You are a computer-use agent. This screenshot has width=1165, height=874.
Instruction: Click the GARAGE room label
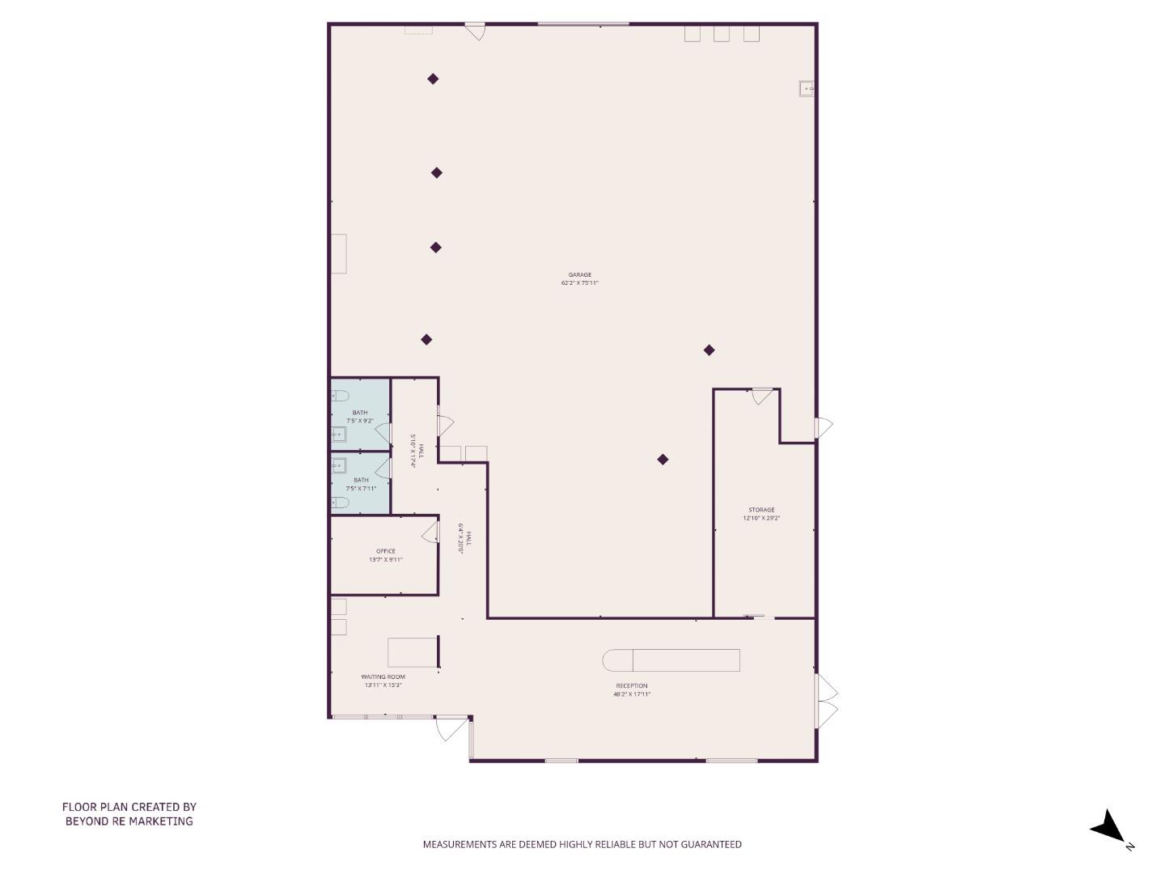[x=579, y=275]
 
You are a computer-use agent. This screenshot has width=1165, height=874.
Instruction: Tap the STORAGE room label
[x=761, y=510]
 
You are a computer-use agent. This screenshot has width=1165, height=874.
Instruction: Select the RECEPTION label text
[x=631, y=685]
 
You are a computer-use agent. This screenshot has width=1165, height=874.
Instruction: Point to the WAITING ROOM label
[x=383, y=677]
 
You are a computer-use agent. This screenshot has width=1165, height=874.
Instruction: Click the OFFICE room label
[x=385, y=551]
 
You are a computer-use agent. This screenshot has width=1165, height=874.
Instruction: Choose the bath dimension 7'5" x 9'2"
[x=360, y=421]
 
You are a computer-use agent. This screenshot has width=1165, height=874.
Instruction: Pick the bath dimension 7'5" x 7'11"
[x=361, y=488]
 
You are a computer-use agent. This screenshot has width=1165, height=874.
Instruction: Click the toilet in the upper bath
[x=340, y=396]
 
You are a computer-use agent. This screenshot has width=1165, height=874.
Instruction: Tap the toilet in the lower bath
[x=340, y=503]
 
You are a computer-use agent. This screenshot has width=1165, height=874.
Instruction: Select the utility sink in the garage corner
[x=806, y=89]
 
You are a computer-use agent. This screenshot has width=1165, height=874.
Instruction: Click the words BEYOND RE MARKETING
[x=129, y=821]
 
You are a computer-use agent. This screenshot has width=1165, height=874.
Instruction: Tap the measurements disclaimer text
[x=582, y=844]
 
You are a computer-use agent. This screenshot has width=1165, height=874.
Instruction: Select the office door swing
[x=430, y=531]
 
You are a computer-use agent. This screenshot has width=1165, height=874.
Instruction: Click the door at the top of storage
[x=761, y=397]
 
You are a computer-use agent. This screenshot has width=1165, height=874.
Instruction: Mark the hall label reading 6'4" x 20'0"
[x=464, y=537]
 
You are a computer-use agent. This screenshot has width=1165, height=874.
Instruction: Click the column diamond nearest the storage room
[x=709, y=350]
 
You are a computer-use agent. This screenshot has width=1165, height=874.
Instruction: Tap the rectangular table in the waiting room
[x=412, y=652]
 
